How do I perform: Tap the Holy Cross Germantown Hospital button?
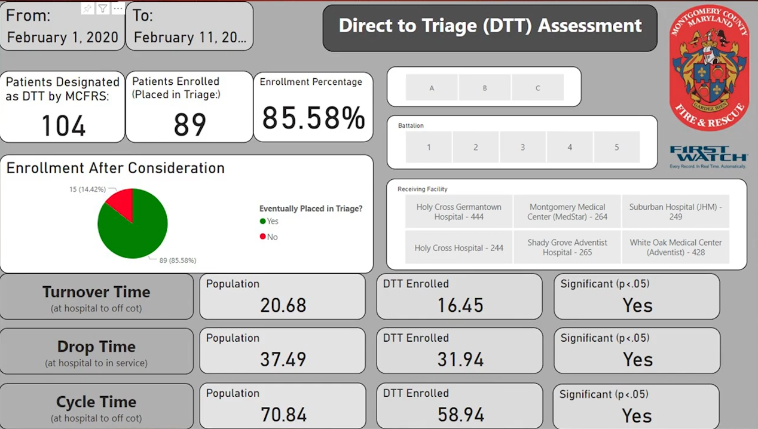tap(459, 212)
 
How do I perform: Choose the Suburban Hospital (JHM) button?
tap(676, 212)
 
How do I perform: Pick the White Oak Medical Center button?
tap(676, 247)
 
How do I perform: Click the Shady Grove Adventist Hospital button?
tap(567, 247)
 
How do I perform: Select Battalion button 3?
tap(522, 147)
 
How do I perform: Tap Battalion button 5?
tap(617, 147)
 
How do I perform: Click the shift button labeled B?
tap(485, 88)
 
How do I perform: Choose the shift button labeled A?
tap(432, 88)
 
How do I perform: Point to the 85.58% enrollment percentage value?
tap(313, 118)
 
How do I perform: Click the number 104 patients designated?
tap(63, 126)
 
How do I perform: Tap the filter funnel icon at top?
tap(103, 8)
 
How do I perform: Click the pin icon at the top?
tap(87, 8)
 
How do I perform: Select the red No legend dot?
tap(262, 237)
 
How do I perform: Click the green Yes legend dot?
tap(262, 221)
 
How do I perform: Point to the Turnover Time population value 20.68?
tap(283, 305)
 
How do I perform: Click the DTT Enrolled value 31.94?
tap(460, 359)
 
